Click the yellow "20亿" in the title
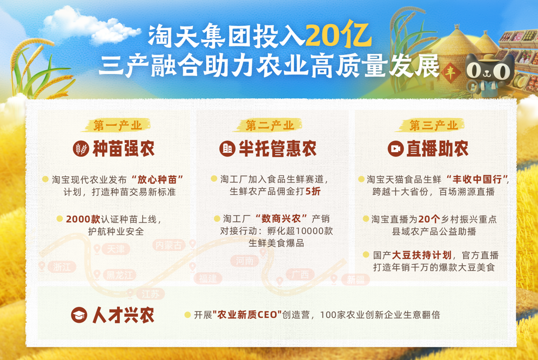(338, 35)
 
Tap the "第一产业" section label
(118, 125)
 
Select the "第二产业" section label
(270, 125)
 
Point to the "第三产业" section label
(433, 125)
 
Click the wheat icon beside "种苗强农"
(81, 149)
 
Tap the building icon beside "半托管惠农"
(227, 149)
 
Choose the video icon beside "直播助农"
(395, 149)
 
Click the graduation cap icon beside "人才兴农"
(79, 315)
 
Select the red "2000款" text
(83, 219)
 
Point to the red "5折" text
(313, 191)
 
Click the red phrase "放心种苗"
(157, 179)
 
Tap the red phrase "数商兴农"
(281, 219)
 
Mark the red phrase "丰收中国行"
(478, 179)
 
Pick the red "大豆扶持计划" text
(421, 255)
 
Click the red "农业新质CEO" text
(247, 315)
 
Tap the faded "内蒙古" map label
(169, 245)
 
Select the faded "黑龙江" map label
(119, 275)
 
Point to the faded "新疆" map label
(355, 280)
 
